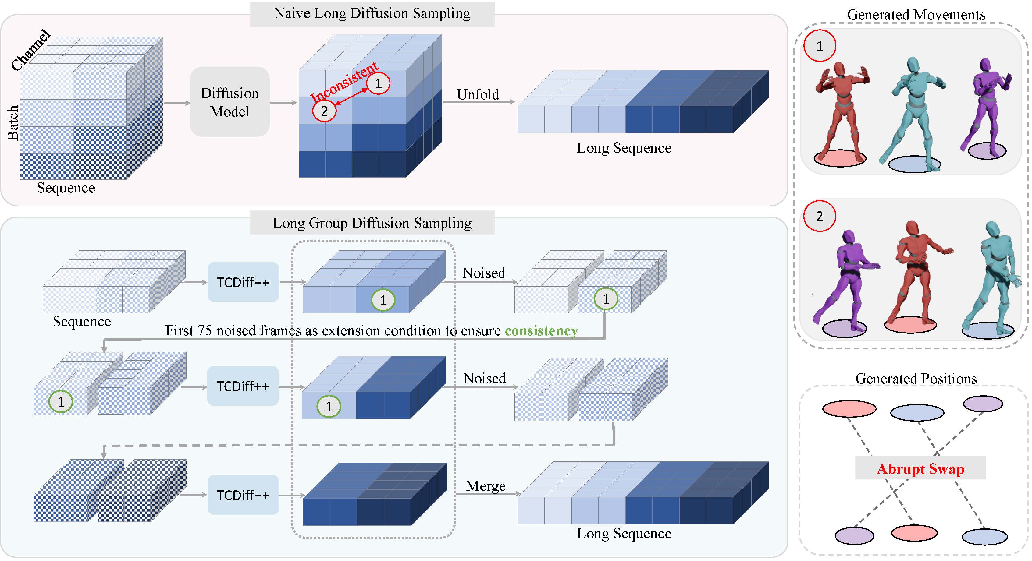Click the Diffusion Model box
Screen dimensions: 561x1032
230,102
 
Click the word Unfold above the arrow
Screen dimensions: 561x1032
478,94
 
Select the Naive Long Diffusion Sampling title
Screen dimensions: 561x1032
372,14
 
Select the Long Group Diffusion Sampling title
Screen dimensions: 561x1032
372,223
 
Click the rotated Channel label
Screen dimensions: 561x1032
31,50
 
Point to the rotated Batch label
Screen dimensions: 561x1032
13,122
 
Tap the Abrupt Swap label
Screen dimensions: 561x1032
920,468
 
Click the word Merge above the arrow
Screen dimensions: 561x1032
486,486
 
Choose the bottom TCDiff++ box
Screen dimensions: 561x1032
243,495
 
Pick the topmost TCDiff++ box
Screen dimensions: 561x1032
243,282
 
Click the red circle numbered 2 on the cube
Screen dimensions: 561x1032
324,111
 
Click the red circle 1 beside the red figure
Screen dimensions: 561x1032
820,46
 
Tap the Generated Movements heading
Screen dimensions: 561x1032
916,15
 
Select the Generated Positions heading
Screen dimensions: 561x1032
916,378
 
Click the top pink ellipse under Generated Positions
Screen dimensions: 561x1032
849,409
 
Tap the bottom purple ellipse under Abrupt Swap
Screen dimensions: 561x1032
854,536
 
